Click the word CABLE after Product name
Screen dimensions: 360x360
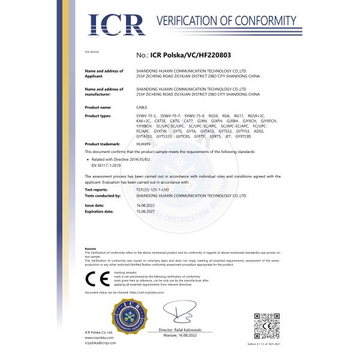pyautogui.click(x=142, y=107)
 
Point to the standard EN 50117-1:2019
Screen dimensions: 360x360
pyautogui.click(x=107, y=163)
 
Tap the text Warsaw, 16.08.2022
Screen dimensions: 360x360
pyautogui.click(x=182, y=336)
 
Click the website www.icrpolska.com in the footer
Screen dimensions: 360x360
pyautogui.click(x=99, y=337)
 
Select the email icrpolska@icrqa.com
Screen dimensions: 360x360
pyautogui.click(x=101, y=343)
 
